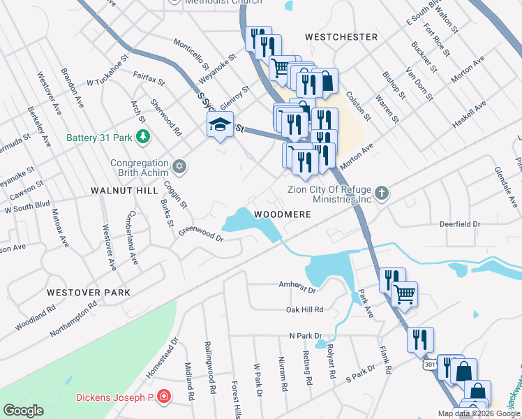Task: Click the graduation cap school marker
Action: click(219, 126)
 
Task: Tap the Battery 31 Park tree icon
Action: click(142, 137)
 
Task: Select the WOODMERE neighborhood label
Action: click(282, 214)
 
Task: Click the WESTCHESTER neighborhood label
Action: click(341, 36)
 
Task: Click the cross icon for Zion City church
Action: click(381, 193)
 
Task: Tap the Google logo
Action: click(23, 411)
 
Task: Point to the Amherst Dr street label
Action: click(297, 287)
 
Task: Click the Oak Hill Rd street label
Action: click(305, 309)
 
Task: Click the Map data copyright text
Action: click(478, 413)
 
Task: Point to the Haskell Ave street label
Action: click(470, 115)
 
